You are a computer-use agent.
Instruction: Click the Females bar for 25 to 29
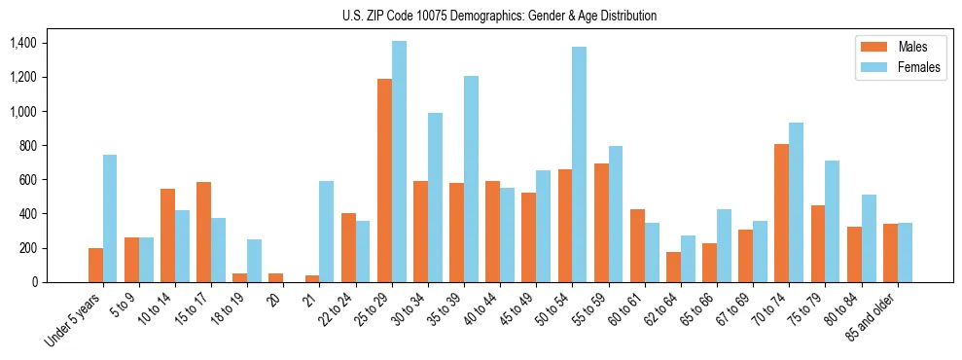[x=399, y=162]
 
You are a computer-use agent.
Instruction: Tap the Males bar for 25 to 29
[x=384, y=180]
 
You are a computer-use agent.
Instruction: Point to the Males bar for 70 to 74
[x=781, y=213]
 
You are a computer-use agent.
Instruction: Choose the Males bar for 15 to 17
[x=203, y=232]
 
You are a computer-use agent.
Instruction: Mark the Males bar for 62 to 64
[x=673, y=267]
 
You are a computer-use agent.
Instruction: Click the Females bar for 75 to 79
[x=832, y=221]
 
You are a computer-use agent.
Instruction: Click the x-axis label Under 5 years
[x=76, y=321]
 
